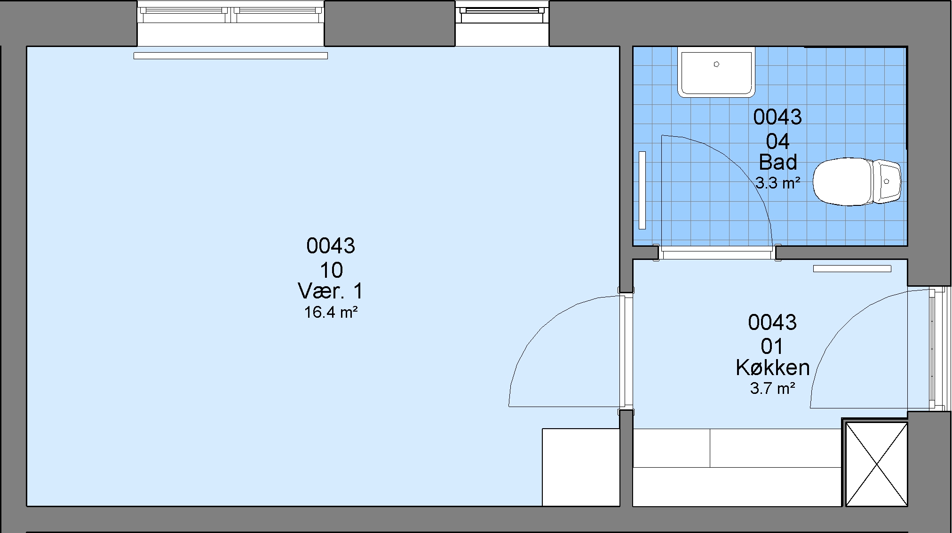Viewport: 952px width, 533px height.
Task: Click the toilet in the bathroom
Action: tap(857, 181)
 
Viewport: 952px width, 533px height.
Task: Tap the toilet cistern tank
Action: tap(887, 181)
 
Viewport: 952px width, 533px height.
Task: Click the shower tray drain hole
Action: tap(716, 64)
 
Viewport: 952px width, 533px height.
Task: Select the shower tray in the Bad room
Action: tap(716, 72)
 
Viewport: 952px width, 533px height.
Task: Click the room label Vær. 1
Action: tap(331, 291)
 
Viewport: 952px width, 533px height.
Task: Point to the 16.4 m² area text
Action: tap(331, 312)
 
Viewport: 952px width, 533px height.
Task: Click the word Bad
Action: tap(778, 162)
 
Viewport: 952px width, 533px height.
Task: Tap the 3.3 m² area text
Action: tap(778, 182)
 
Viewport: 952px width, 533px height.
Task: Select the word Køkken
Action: tap(773, 368)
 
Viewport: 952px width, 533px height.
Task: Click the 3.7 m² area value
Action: tap(773, 388)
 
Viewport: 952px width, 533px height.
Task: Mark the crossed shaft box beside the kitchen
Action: tap(877, 464)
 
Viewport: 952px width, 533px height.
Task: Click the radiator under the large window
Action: tap(230, 55)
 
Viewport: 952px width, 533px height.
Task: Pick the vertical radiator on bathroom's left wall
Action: tap(642, 190)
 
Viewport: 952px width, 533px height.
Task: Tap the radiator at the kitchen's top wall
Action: tap(852, 269)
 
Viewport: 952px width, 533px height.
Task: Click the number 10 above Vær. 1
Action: tap(331, 270)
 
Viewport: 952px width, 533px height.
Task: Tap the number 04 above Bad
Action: tap(777, 141)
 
